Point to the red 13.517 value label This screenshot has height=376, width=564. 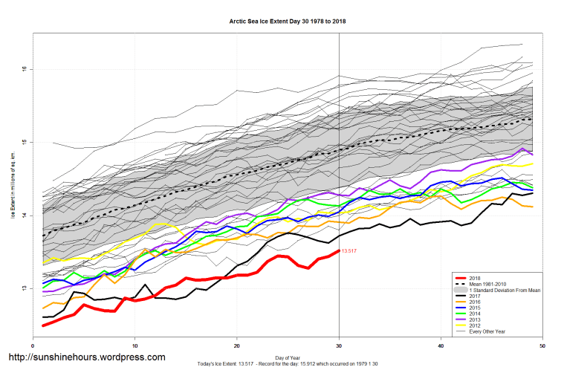[349, 251]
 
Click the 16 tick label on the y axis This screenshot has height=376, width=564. [25, 69]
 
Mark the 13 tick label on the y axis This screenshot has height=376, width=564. [25, 288]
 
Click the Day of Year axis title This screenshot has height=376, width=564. [288, 357]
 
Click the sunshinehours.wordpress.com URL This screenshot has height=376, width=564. [86, 357]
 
